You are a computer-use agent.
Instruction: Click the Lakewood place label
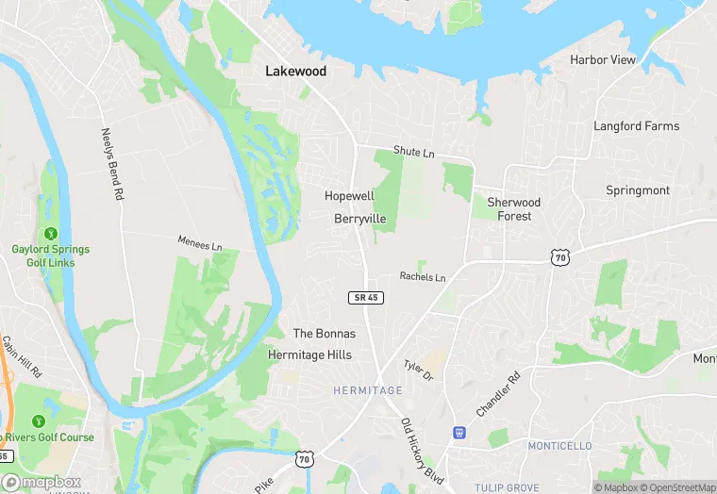tap(295, 71)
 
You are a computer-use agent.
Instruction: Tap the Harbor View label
tap(603, 59)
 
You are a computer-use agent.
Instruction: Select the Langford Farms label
tap(636, 125)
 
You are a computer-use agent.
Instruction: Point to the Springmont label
tap(638, 189)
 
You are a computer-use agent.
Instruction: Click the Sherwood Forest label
tap(514, 209)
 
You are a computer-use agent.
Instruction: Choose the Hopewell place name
tap(349, 196)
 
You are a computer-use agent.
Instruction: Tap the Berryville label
tap(360, 218)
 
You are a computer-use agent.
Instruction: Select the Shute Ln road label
tap(414, 152)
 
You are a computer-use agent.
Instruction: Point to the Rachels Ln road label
tap(422, 276)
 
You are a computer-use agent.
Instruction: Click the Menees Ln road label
tap(199, 243)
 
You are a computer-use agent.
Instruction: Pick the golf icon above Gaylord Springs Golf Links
tap(50, 234)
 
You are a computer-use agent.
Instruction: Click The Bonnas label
tap(325, 334)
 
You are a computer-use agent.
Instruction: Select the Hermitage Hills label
tap(309, 354)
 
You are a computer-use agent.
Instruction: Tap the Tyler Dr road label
tap(418, 370)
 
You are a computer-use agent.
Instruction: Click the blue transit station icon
tap(459, 433)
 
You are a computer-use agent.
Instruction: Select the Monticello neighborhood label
tap(559, 445)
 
